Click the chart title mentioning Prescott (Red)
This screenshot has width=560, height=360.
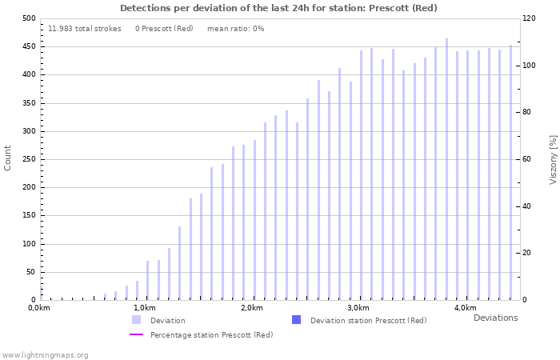(x=279, y=8)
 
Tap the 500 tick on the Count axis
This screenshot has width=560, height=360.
(x=29, y=18)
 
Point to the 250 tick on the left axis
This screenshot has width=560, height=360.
(x=29, y=159)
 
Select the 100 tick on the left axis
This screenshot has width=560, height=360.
(x=29, y=244)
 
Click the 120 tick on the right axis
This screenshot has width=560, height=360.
(x=529, y=18)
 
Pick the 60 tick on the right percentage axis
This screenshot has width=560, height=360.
(x=527, y=159)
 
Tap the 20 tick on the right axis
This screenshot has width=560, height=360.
(x=527, y=253)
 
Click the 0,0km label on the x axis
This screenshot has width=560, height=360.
(x=39, y=308)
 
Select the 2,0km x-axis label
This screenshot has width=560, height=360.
(x=252, y=308)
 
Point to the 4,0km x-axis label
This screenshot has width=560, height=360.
(x=465, y=308)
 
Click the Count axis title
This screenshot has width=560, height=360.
(x=8, y=158)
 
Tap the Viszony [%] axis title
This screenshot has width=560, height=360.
(x=553, y=159)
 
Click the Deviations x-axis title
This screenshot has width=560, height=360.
(x=495, y=318)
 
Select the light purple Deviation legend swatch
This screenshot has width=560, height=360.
(x=137, y=320)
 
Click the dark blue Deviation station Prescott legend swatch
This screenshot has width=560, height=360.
(x=297, y=320)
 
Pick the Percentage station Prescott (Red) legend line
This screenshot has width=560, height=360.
(x=137, y=334)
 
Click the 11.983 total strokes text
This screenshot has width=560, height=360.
(x=85, y=29)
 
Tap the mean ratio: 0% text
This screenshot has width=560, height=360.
(x=235, y=29)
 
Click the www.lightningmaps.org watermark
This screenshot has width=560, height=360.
(x=46, y=354)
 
